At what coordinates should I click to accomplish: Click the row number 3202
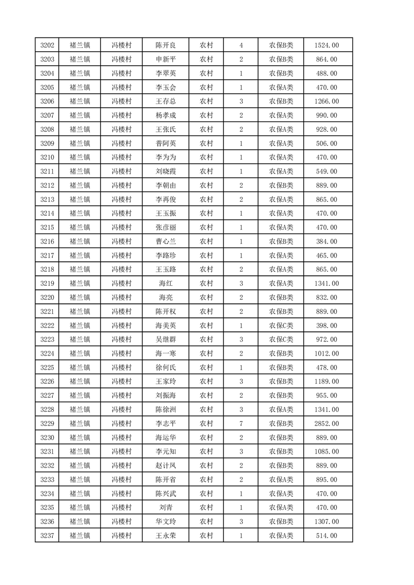coord(47,45)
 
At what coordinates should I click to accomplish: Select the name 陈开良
coord(165,45)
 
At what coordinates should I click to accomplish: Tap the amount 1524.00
coord(327,45)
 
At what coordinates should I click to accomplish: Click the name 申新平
coord(165,59)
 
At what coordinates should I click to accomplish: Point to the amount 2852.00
coord(327,423)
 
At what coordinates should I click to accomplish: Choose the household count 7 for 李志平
coord(241,423)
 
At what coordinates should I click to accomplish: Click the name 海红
coord(165,284)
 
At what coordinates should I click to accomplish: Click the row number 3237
coord(47,535)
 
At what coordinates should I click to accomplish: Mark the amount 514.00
coord(327,535)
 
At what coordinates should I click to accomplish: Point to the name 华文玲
coord(165,521)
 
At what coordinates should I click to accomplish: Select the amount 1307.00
coord(327,521)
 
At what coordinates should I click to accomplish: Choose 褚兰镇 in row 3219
coord(80,284)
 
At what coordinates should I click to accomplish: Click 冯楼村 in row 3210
coord(121,157)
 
